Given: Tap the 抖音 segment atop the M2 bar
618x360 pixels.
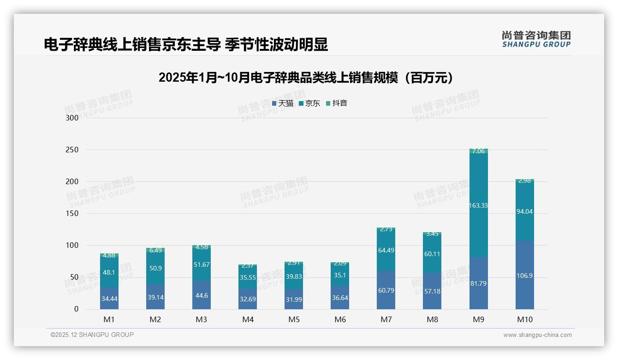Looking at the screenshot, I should pyautogui.click(x=155, y=250).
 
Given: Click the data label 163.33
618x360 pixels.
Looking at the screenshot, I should pyautogui.click(x=478, y=205).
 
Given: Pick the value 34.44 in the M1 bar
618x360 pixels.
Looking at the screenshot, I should pyautogui.click(x=109, y=299).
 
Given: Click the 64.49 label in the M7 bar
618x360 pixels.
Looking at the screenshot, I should pyautogui.click(x=386, y=250).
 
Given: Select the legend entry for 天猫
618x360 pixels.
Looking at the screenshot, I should pyautogui.click(x=283, y=103).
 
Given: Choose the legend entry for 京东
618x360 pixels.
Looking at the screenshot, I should pyautogui.click(x=309, y=103).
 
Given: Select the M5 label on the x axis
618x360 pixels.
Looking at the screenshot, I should pyautogui.click(x=294, y=319).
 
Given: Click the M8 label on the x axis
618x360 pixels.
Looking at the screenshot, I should pyautogui.click(x=432, y=319).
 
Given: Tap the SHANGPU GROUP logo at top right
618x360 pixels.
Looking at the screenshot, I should pyautogui.click(x=536, y=39).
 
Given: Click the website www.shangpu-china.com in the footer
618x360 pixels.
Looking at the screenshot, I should pyautogui.click(x=537, y=335).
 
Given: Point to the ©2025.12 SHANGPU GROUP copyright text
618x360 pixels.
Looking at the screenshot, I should pyautogui.click(x=92, y=335).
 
